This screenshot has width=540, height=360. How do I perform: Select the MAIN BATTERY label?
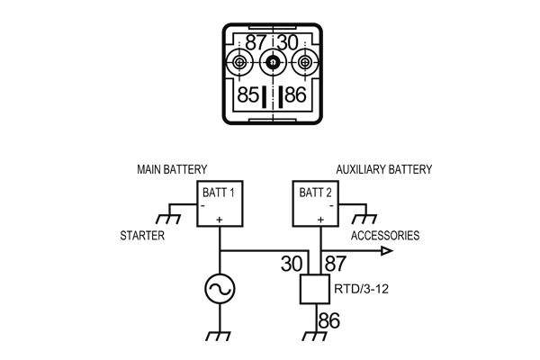pyautogui.click(x=172, y=169)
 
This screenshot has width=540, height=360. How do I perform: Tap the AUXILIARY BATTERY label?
pyautogui.click(x=383, y=169)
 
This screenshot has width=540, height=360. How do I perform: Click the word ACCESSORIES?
pyautogui.click(x=384, y=236)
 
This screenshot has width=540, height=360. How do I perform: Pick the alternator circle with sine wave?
pyautogui.click(x=220, y=290)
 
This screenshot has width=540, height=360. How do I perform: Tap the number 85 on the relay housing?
pyautogui.click(x=249, y=95)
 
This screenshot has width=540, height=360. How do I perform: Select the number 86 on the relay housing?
pyautogui.click(x=296, y=95)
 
